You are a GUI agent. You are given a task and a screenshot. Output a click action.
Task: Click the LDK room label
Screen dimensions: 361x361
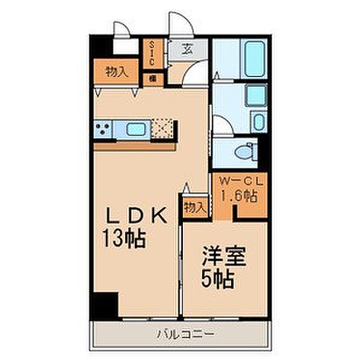coord(139,217)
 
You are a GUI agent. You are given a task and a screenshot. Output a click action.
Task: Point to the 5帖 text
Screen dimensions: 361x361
coord(217,280)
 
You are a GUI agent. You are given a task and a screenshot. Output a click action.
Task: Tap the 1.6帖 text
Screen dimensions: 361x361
coord(238,195)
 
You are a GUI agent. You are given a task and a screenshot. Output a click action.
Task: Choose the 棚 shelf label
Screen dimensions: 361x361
coord(153,78)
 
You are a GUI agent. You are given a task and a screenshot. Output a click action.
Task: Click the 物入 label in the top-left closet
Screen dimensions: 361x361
coord(116,72)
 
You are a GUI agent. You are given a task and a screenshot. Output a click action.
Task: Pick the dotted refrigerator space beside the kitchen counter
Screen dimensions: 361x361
coord(162,128)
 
